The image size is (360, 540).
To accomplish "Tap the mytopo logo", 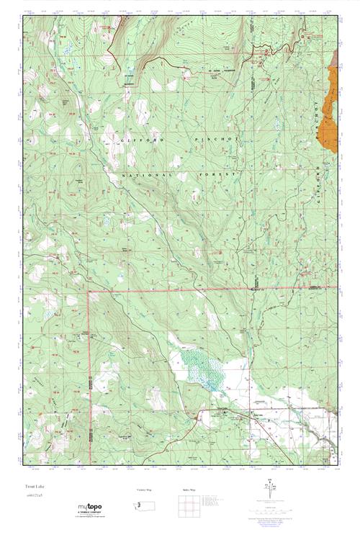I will point(89,507).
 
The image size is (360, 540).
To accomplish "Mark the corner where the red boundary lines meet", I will point(89,292).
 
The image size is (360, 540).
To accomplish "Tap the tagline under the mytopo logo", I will point(89,516).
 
